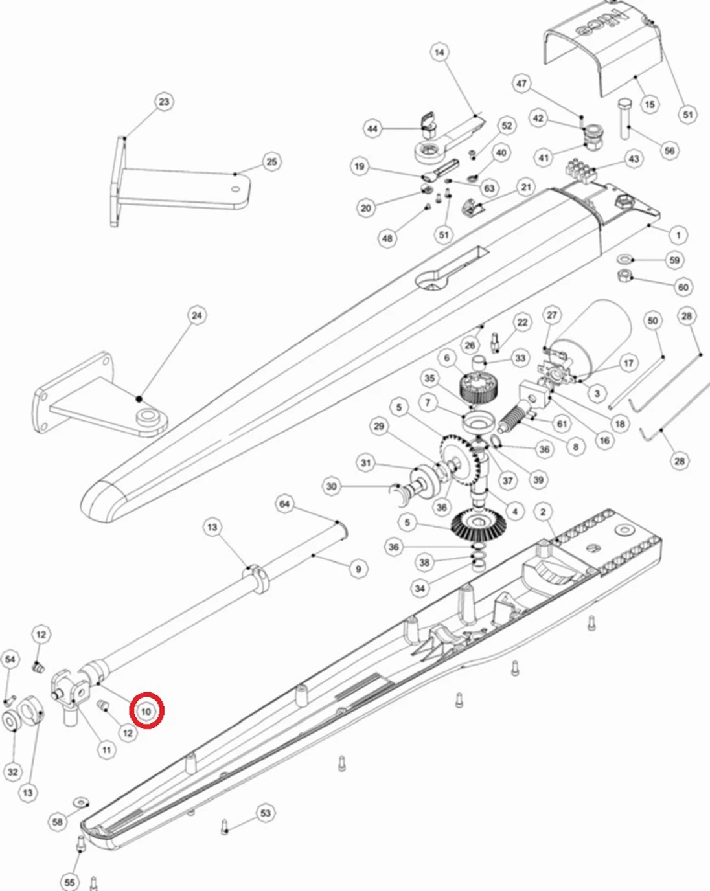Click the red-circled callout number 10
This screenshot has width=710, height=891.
pos(146,711)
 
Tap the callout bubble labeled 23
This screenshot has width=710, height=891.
pos(164,102)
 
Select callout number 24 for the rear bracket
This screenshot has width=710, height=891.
pos(197,315)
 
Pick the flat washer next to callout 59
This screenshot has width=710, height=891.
pos(625,259)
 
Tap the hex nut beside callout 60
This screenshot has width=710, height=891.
pos(624,276)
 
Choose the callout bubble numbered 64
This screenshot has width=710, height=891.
pos(284,504)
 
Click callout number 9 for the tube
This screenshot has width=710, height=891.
pos(358,569)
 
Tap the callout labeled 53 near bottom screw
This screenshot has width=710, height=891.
pos(266,813)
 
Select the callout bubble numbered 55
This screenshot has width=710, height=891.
pos(70,882)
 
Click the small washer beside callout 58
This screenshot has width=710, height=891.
pos(82,803)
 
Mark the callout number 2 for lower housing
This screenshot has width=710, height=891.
pos(543,512)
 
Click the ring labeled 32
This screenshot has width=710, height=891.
pos(12,720)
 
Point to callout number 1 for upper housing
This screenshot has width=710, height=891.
pos(678,234)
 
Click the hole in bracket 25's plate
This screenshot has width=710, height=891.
pos(236,190)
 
